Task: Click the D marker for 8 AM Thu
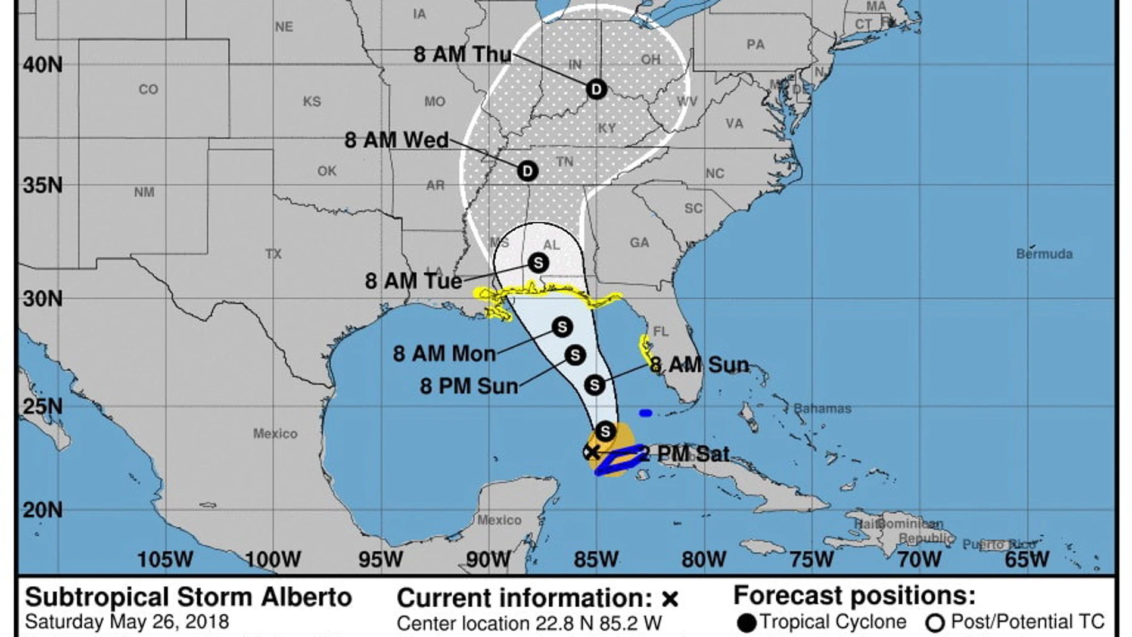(x=596, y=89)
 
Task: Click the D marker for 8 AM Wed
(x=527, y=171)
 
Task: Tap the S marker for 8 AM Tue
(x=538, y=263)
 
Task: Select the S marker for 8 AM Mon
(x=562, y=327)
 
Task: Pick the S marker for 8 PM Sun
(x=575, y=355)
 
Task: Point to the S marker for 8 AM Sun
(x=595, y=385)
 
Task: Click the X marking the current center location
(x=591, y=452)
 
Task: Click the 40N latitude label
(x=42, y=64)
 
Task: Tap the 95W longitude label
(x=380, y=560)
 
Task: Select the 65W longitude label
(x=1027, y=560)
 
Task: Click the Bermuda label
(x=1044, y=254)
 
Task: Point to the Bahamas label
(x=822, y=409)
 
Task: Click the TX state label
(x=273, y=254)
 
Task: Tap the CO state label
(x=148, y=89)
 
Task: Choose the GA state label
(x=639, y=243)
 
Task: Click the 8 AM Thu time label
(x=462, y=54)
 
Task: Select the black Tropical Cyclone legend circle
(x=747, y=623)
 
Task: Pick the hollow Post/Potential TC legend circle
(x=935, y=623)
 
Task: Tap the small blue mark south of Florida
(x=645, y=413)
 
